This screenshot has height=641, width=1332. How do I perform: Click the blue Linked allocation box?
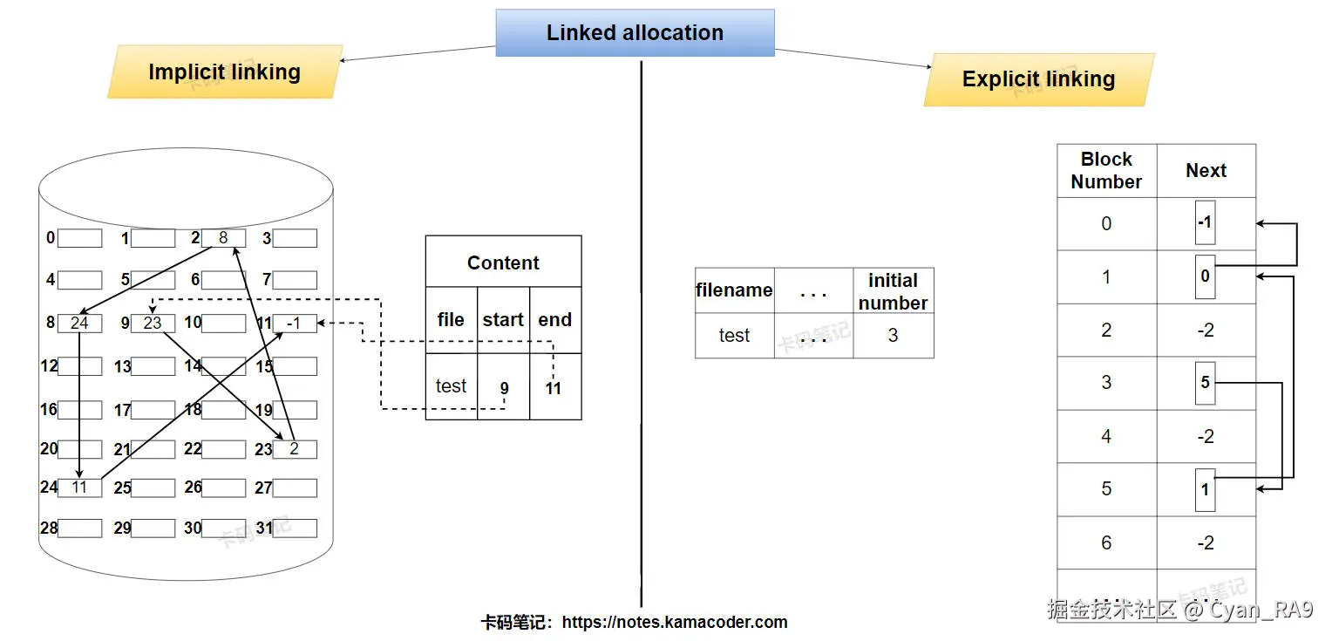point(635,33)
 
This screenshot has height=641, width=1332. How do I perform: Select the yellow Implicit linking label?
point(225,72)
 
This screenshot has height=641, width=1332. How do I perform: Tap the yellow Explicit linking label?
point(1038,79)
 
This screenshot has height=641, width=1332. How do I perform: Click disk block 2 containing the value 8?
point(223,238)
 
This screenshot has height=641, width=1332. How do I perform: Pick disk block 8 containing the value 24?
point(79,323)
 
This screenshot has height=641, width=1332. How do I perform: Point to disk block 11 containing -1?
point(295,323)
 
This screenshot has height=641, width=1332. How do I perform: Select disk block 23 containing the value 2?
point(295,449)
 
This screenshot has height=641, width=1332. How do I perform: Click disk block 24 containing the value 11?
point(79,488)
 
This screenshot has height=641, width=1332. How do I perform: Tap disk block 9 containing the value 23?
point(153,323)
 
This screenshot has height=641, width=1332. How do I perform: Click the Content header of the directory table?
point(503,263)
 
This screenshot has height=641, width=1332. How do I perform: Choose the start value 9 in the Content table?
point(504,388)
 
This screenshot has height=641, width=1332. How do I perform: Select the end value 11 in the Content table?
point(554,388)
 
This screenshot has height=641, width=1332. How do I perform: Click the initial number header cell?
point(893,291)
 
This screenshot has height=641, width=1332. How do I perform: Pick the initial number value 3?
point(893,336)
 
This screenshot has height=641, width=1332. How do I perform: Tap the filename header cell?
point(734,290)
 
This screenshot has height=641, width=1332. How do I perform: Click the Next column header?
point(1206,171)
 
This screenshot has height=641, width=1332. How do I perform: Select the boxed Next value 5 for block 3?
point(1205,383)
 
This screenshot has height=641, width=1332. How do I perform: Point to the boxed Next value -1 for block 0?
point(1205,223)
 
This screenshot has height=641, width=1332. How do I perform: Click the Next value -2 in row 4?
point(1206,436)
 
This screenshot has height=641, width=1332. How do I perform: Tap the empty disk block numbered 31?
point(295,528)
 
